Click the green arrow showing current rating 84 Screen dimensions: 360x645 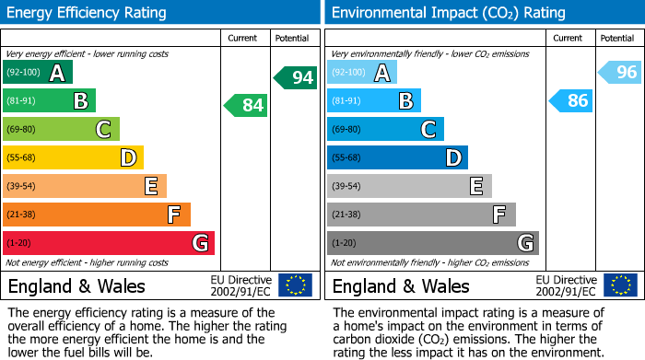pyautogui.click(x=246, y=106)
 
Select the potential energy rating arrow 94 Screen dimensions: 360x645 pyautogui.click(x=296, y=77)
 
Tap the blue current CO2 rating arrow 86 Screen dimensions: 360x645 pyautogui.click(x=570, y=101)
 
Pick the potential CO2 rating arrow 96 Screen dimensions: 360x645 pyautogui.click(x=620, y=73)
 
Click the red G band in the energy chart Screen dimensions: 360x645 pyautogui.click(x=109, y=243)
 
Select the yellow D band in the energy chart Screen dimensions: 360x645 pyautogui.click(x=73, y=157)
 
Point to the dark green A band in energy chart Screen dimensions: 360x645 pyautogui.click(x=38, y=73)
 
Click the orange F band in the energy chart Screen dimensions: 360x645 pyautogui.click(x=97, y=215)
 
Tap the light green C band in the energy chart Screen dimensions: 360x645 pyautogui.click(x=61, y=129)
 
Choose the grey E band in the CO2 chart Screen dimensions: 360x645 pyautogui.click(x=409, y=186)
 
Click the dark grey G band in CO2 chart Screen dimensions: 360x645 pyautogui.click(x=433, y=243)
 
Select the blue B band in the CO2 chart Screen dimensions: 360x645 pyautogui.click(x=374, y=101)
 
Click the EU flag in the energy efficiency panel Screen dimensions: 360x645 pyautogui.click(x=295, y=285)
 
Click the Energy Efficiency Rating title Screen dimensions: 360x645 pyautogui.click(x=88, y=13)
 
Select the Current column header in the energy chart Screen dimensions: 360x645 pyautogui.click(x=244, y=38)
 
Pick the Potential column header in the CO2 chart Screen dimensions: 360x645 pyautogui.click(x=616, y=38)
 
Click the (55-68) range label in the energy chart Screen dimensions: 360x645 pyautogui.click(x=20, y=158)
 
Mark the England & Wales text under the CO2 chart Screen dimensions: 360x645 pyautogui.click(x=400, y=286)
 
